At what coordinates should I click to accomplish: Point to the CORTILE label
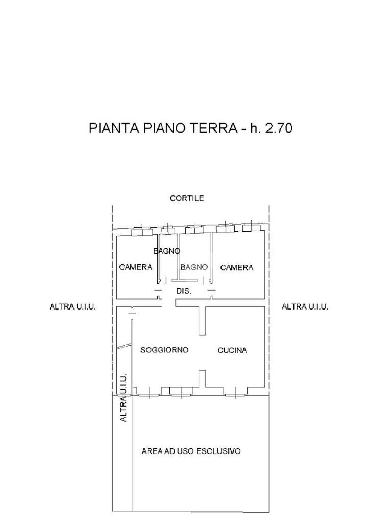tap(187, 198)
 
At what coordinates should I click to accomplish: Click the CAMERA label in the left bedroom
tap(136, 267)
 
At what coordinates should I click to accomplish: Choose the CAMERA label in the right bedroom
tap(237, 267)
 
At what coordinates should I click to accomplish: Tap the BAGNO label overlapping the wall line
tap(167, 251)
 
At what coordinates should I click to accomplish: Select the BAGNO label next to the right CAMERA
tap(194, 267)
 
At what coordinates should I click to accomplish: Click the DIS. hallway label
tap(184, 291)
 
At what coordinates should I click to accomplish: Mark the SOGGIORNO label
tap(164, 350)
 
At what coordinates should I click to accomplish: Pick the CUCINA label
tap(232, 350)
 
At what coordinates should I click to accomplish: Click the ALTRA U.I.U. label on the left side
tap(72, 307)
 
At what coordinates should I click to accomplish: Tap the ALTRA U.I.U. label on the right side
tap(305, 307)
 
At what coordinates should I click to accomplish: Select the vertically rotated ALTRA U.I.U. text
tap(123, 398)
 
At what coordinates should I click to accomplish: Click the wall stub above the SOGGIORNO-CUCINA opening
tap(202, 320)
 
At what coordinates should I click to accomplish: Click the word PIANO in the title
tap(160, 128)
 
